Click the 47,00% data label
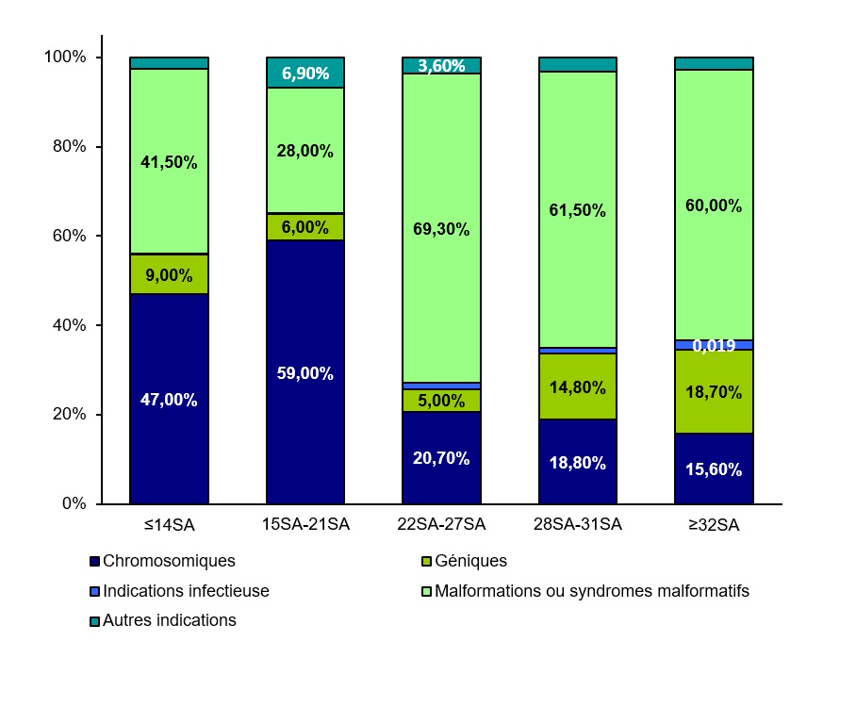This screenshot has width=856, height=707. click(170, 400)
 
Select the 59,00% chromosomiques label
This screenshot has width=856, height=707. click(305, 373)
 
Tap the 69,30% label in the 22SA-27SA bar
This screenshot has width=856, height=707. click(441, 229)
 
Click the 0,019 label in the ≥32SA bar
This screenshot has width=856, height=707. click(714, 346)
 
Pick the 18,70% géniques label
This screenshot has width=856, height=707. click(714, 392)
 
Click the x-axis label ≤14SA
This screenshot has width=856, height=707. click(170, 524)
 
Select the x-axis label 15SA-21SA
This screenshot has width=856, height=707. click(305, 524)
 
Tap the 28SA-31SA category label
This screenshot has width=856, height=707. click(577, 524)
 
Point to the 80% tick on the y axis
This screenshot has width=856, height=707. click(66, 147)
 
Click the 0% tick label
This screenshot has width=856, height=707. click(74, 504)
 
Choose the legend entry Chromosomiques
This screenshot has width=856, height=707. click(169, 561)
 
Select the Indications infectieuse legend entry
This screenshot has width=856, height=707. click(186, 591)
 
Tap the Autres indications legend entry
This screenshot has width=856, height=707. click(169, 621)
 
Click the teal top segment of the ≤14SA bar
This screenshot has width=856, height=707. click(170, 63)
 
